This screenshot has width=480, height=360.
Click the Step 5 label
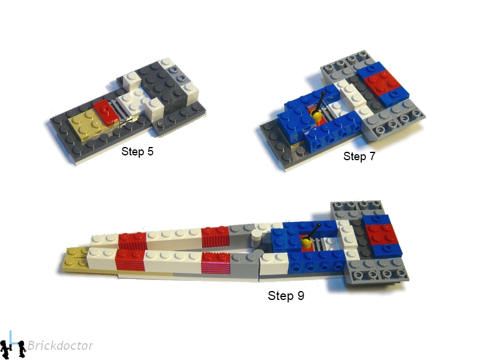pyautogui.click(x=137, y=151)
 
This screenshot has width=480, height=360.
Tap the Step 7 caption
pyautogui.click(x=359, y=157)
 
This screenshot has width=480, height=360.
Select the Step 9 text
pyautogui.click(x=286, y=296)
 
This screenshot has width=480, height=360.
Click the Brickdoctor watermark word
pyautogui.click(x=60, y=346)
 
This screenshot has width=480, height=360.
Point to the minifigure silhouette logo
pyautogui.click(x=13, y=346)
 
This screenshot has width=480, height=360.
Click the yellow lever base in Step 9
pyautogui.click(x=305, y=243)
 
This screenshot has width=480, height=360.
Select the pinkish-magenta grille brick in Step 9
pyautogui.click(x=215, y=264)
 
